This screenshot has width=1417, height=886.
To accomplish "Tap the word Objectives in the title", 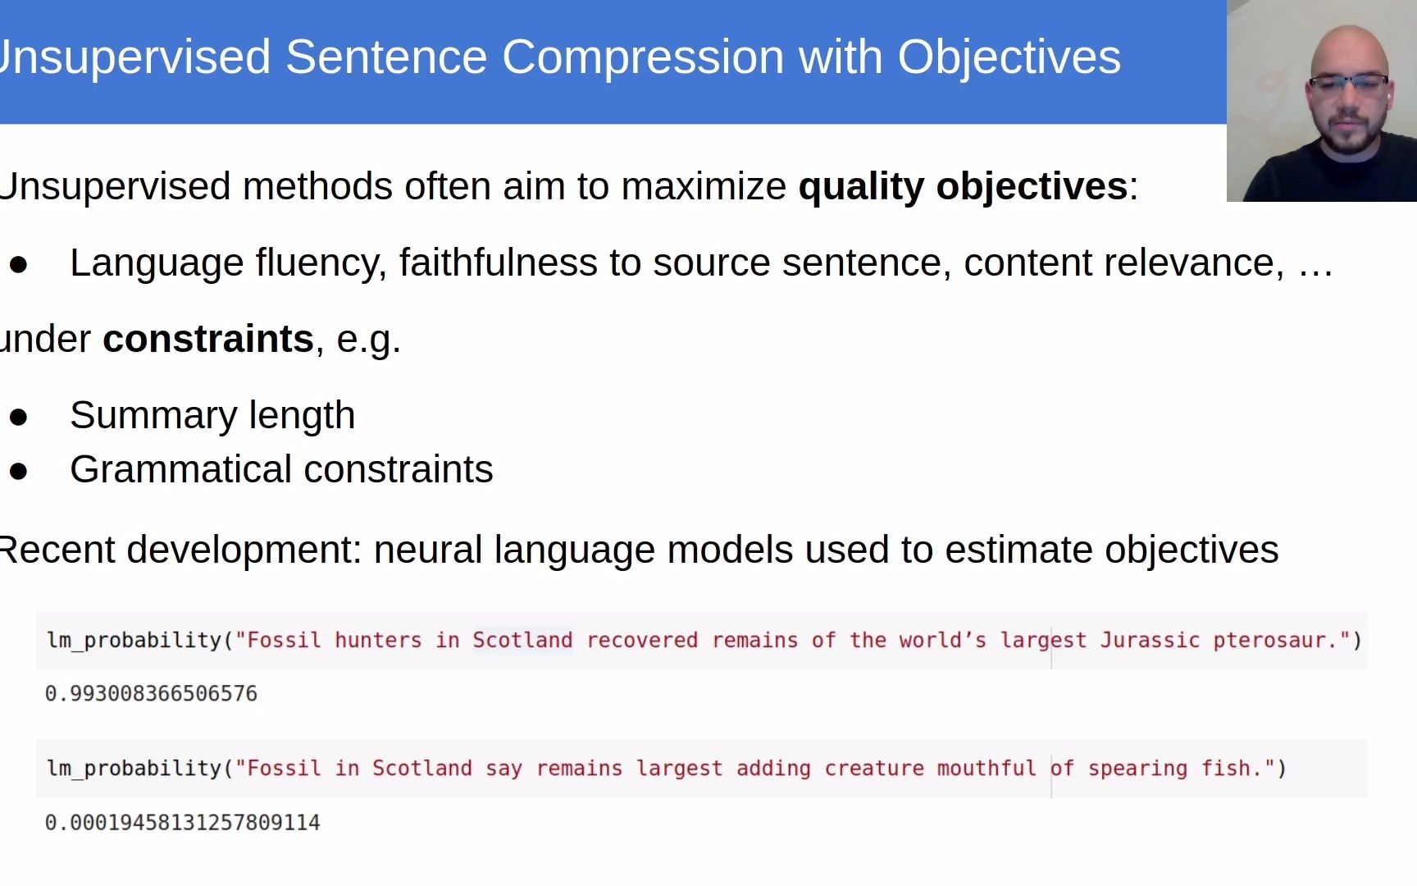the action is tap(1009, 57).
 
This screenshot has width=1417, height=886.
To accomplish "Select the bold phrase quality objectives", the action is tap(963, 187).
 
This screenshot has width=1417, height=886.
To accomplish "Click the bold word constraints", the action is tap(208, 339).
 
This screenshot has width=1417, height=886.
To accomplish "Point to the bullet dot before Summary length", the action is tap(19, 417).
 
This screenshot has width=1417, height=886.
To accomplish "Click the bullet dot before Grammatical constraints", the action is tap(19, 471).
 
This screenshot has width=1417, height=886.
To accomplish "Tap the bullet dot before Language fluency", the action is tap(19, 264).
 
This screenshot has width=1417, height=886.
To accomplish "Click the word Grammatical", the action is tap(180, 469).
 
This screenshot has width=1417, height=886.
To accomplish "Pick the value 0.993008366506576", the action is tap(151, 694).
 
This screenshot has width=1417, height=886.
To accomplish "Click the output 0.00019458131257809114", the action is tap(182, 822).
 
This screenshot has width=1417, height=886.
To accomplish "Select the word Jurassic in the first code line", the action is tap(1150, 640).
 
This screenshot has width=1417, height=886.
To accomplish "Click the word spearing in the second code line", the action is tap(1137, 770).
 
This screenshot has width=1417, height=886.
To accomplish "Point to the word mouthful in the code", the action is tap(986, 769).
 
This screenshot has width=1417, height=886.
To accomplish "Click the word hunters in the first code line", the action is tap(378, 640).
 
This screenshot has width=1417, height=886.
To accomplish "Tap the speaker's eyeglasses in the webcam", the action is tap(1348, 84).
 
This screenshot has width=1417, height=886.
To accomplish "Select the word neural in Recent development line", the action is tap(428, 550).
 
